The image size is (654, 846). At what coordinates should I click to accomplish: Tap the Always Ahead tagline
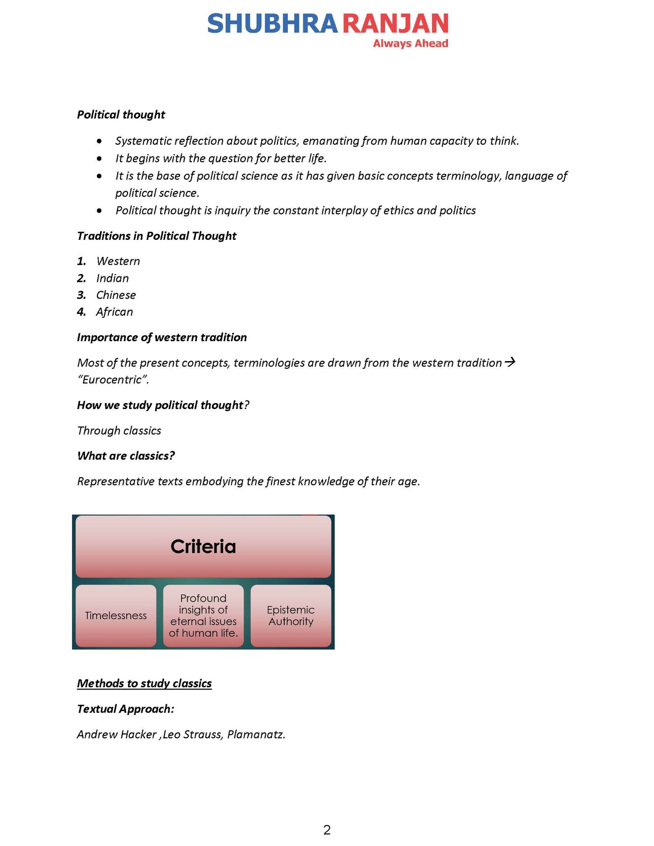pos(410,43)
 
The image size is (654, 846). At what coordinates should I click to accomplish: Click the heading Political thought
pos(121,114)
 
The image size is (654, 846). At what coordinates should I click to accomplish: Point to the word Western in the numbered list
pos(118,261)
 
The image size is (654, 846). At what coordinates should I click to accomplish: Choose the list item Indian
pos(112,278)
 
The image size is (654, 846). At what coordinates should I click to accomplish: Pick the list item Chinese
pos(116,295)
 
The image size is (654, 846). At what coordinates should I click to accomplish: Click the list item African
pos(115,312)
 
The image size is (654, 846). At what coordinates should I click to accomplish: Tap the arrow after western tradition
pos(510,362)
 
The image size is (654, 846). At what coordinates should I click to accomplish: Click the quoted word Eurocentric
pos(113,380)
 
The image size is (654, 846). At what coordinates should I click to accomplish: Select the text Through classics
pos(119,430)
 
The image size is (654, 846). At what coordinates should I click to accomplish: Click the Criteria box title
pos(203,547)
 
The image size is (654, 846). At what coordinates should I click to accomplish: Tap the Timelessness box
pos(116,616)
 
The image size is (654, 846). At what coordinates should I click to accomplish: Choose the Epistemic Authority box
pos(291,616)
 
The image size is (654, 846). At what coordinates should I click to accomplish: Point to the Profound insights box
pos(203,616)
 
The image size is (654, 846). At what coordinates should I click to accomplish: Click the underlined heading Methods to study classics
pos(144,683)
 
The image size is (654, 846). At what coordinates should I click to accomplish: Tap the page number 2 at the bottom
pos(327,830)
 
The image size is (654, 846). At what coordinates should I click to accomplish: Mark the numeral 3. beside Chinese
pos(81,295)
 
